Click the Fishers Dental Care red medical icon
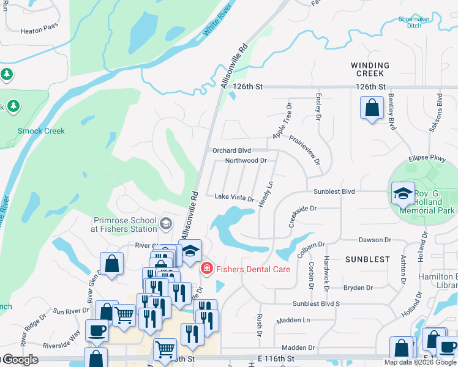tap(207, 268)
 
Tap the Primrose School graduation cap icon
tap(165, 224)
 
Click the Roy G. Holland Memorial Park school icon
tap(402, 194)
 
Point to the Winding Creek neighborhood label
tap(370, 69)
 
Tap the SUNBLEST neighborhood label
tap(367, 259)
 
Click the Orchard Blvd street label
tap(231, 150)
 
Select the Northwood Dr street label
tap(246, 161)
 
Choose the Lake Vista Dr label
tap(234, 198)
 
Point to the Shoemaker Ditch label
tap(414, 22)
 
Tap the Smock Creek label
tap(41, 131)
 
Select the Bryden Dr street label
tap(358, 287)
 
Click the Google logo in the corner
tap(20, 360)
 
